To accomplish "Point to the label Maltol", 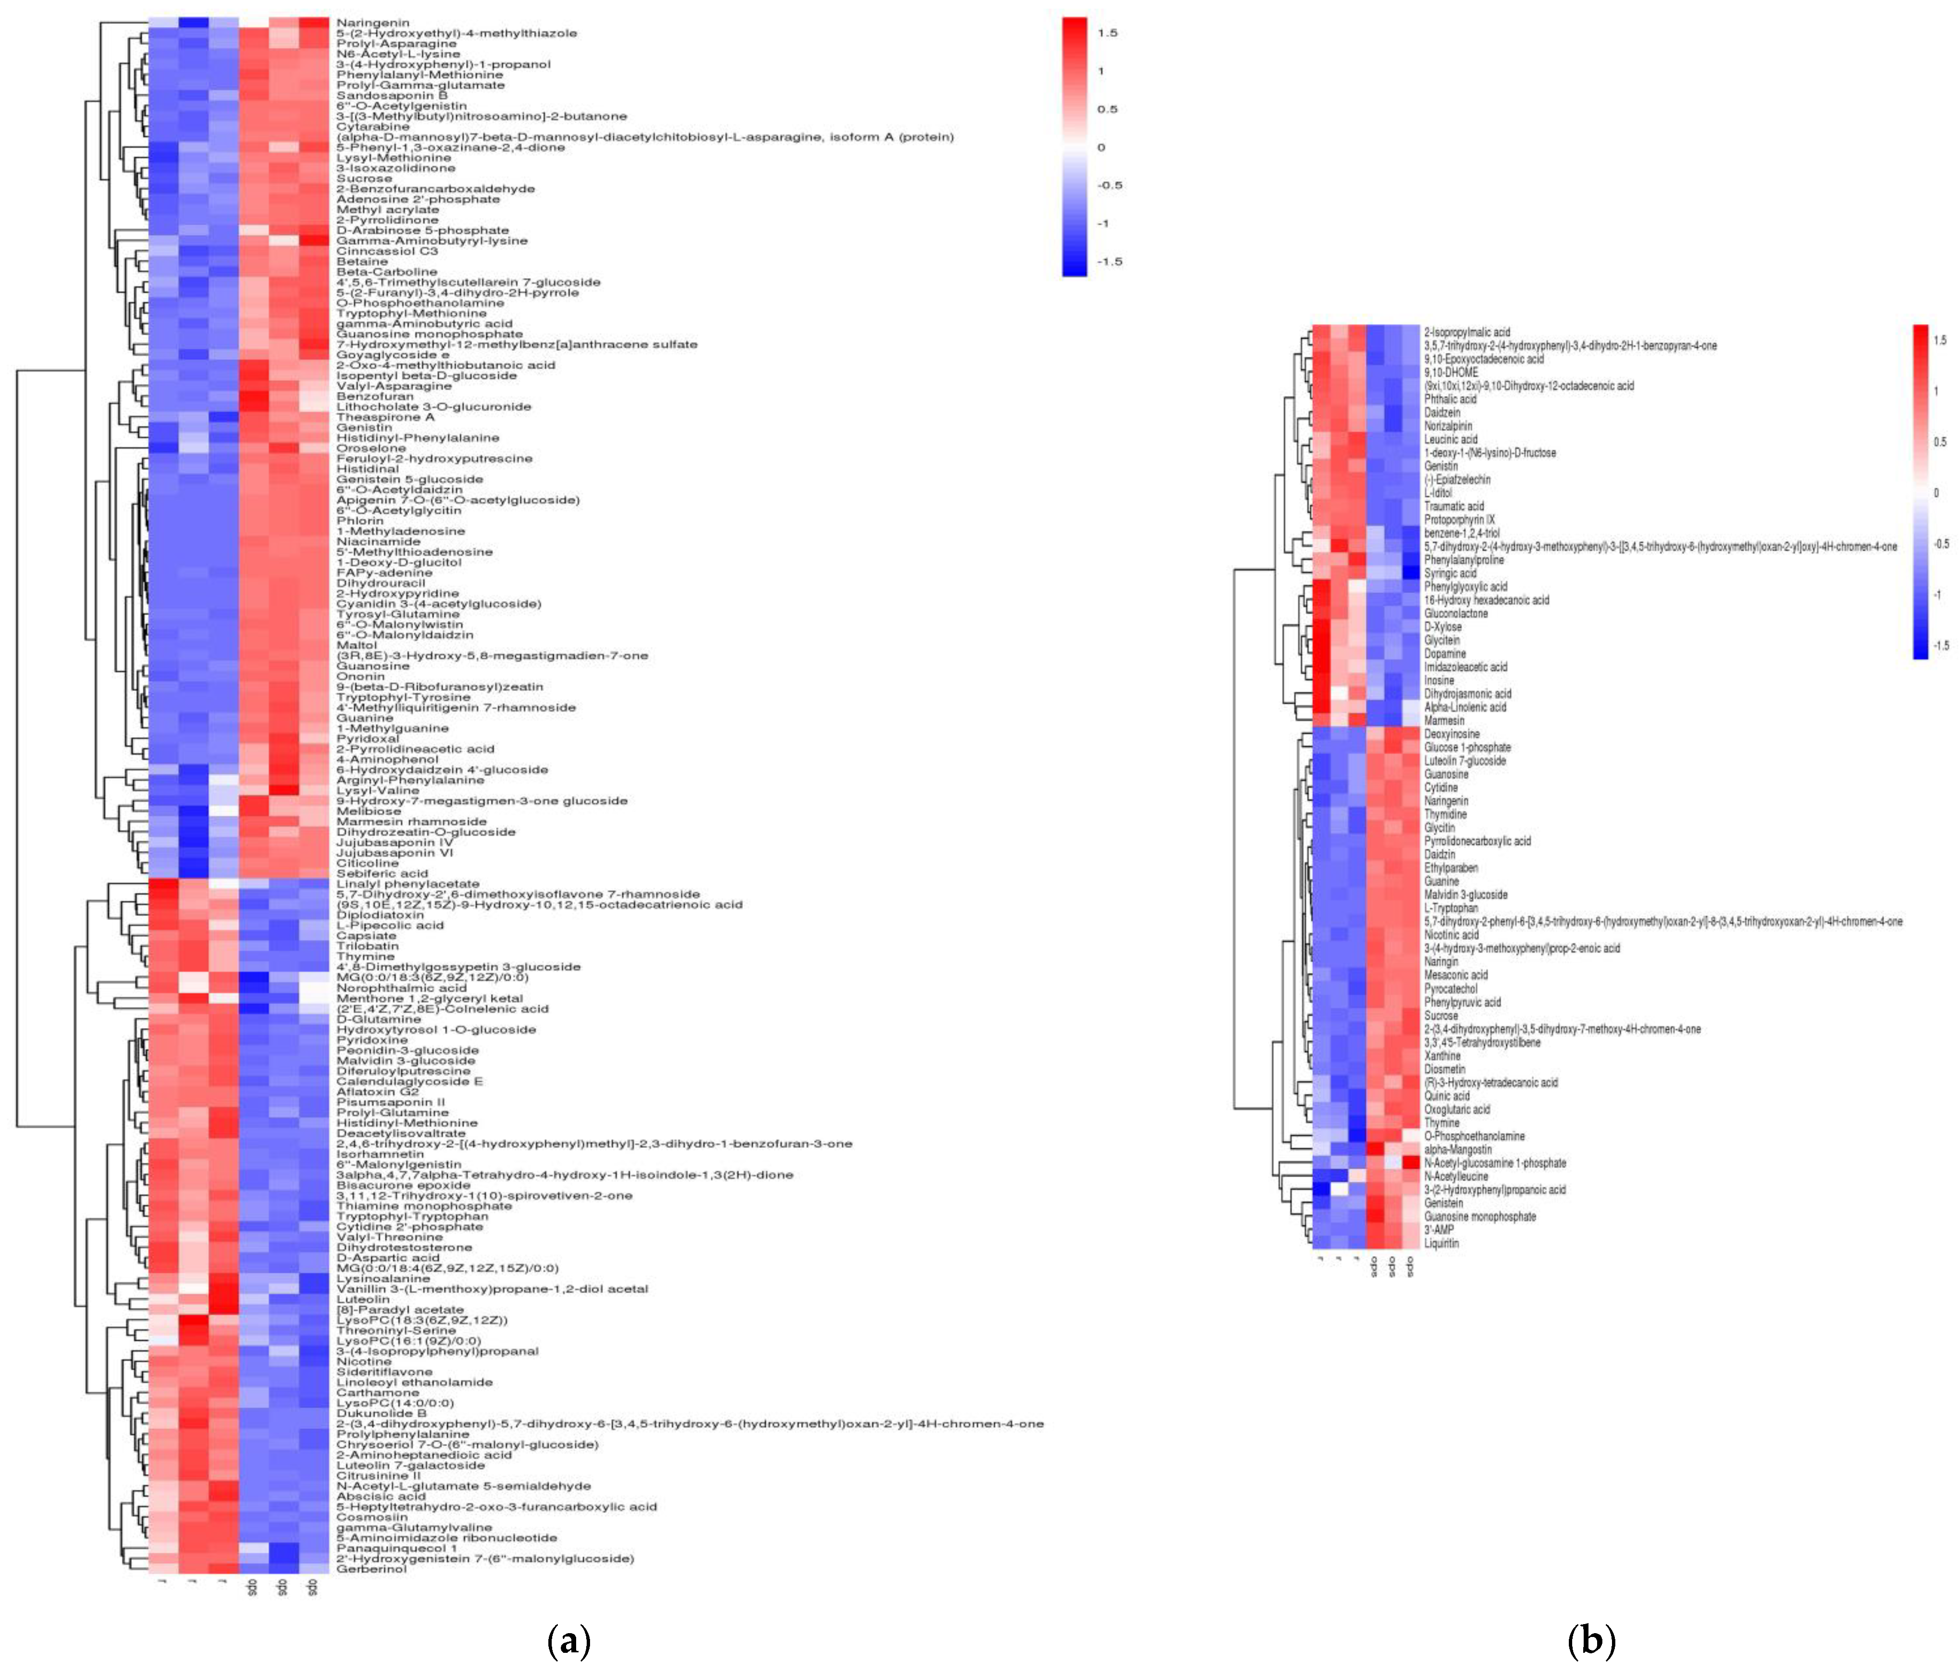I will (357, 645).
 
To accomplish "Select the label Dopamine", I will (1445, 654).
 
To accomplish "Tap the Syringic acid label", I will (1449, 573).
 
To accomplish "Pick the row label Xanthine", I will (1442, 1055).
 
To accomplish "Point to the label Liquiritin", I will (1441, 1243).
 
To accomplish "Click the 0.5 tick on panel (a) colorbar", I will (1107, 109).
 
